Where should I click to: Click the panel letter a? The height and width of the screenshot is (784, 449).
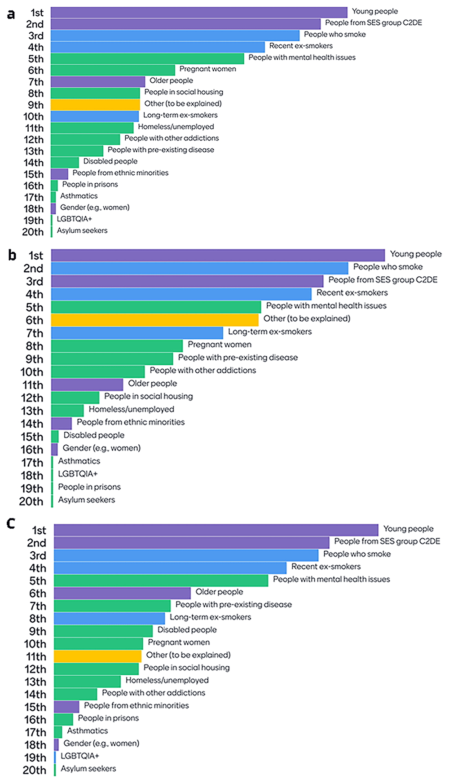click(11, 14)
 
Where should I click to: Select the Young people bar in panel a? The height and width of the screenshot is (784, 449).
click(199, 12)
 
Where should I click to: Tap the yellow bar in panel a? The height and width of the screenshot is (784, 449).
click(95, 105)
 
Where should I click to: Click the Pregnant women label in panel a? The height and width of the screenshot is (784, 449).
click(207, 69)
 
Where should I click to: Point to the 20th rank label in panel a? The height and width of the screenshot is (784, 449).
click(33, 232)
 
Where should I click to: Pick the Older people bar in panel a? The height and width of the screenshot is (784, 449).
click(98, 81)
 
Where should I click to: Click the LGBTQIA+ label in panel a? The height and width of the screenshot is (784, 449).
click(74, 219)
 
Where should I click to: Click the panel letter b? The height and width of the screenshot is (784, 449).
click(12, 255)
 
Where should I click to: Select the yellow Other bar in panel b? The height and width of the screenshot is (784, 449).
click(155, 320)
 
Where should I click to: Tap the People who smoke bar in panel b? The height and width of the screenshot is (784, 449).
click(200, 268)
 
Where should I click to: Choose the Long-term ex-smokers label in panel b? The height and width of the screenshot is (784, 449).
click(270, 332)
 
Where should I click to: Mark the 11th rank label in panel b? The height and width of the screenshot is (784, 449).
click(33, 385)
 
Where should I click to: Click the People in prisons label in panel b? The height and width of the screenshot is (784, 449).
click(89, 487)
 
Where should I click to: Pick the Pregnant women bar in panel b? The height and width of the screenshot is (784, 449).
click(117, 345)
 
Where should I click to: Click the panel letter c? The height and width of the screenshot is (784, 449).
click(11, 523)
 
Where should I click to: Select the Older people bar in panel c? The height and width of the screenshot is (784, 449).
click(122, 593)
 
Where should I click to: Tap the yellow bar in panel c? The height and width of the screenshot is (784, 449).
click(97, 656)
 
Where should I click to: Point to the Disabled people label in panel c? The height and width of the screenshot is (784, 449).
click(187, 630)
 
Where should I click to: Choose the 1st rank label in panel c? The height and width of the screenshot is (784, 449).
click(39, 530)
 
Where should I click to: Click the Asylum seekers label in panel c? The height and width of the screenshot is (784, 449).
click(88, 769)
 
